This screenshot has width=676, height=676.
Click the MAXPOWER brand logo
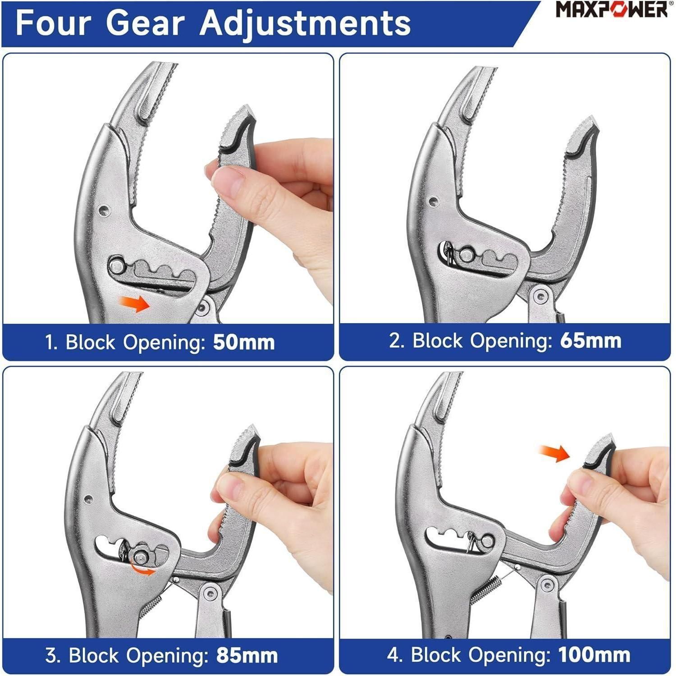[612, 9]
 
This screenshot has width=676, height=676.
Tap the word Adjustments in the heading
[306, 23]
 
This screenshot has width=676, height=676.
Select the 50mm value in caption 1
[244, 342]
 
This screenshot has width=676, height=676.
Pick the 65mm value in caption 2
[591, 341]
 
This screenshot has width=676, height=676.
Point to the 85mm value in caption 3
[247, 655]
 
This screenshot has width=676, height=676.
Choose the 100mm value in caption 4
[594, 654]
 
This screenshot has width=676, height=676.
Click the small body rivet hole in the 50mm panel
[105, 209]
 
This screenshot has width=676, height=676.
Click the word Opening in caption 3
[168, 656]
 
